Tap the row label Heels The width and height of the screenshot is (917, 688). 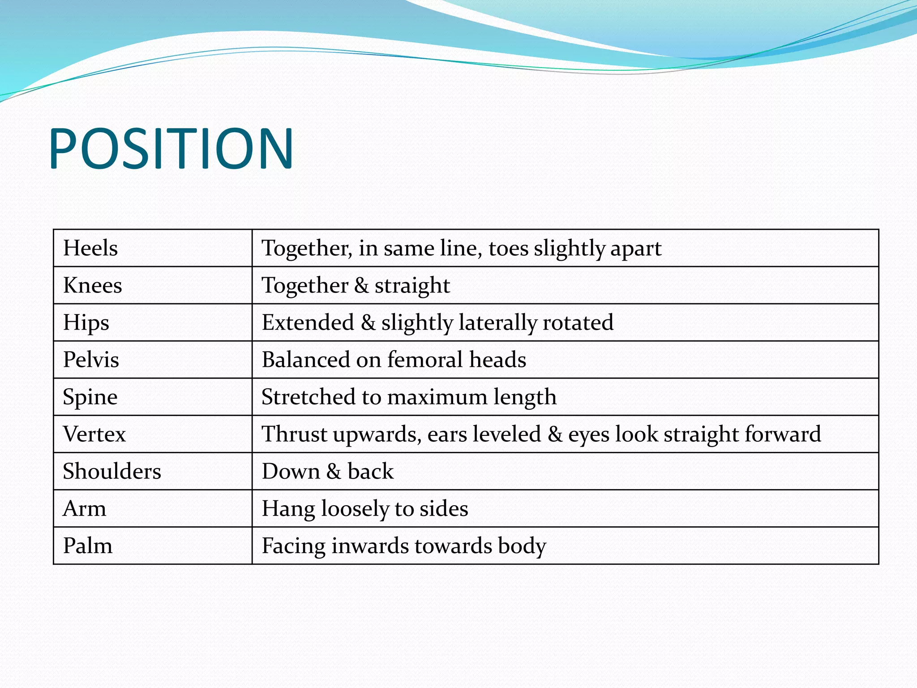pyautogui.click(x=90, y=248)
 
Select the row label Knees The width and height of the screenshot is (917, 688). pyautogui.click(x=93, y=285)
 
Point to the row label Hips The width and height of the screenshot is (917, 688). pyautogui.click(x=86, y=323)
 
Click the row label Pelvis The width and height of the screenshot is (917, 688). pyautogui.click(x=91, y=360)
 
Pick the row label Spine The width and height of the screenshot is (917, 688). pyautogui.click(x=90, y=397)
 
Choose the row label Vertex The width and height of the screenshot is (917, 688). pyautogui.click(x=94, y=434)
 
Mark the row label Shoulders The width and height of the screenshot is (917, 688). pyautogui.click(x=112, y=471)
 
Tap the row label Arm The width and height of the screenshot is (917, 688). pyautogui.click(x=85, y=508)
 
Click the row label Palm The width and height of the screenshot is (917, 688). pyautogui.click(x=88, y=546)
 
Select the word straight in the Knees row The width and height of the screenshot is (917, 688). pyautogui.click(x=412, y=286)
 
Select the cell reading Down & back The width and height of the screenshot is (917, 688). pyautogui.click(x=328, y=471)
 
